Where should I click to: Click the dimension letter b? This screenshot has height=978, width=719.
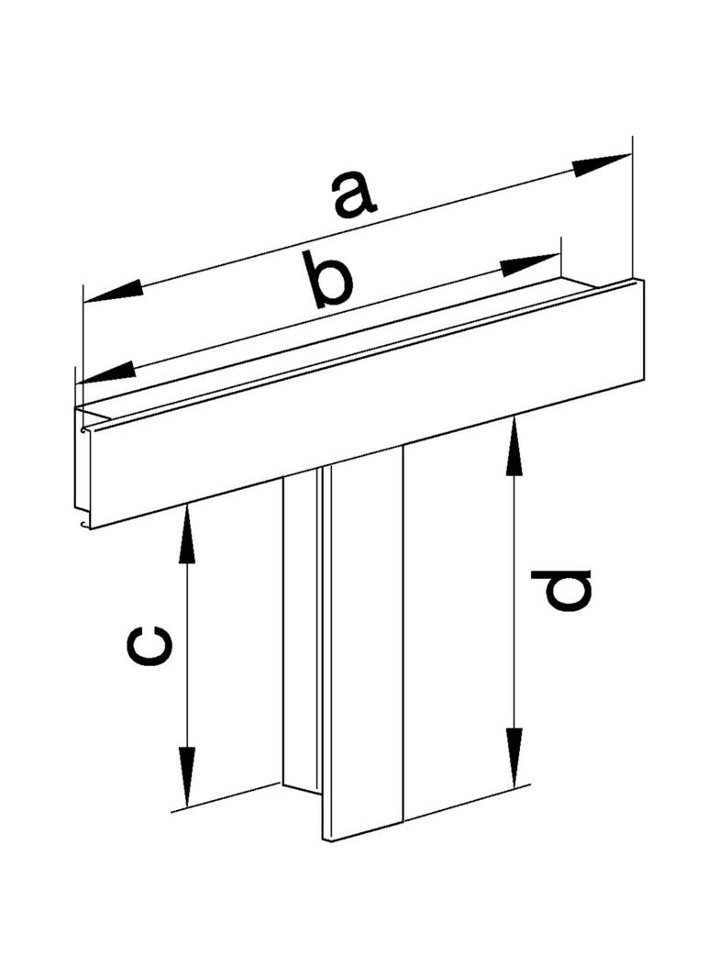[x=332, y=280]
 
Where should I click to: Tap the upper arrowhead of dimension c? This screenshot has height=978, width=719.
[x=185, y=533]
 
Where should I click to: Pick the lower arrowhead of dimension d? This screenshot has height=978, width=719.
[x=514, y=756]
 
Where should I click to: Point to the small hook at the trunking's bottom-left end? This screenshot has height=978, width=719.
[x=83, y=523]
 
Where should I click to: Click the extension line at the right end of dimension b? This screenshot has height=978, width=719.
[x=561, y=258]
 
